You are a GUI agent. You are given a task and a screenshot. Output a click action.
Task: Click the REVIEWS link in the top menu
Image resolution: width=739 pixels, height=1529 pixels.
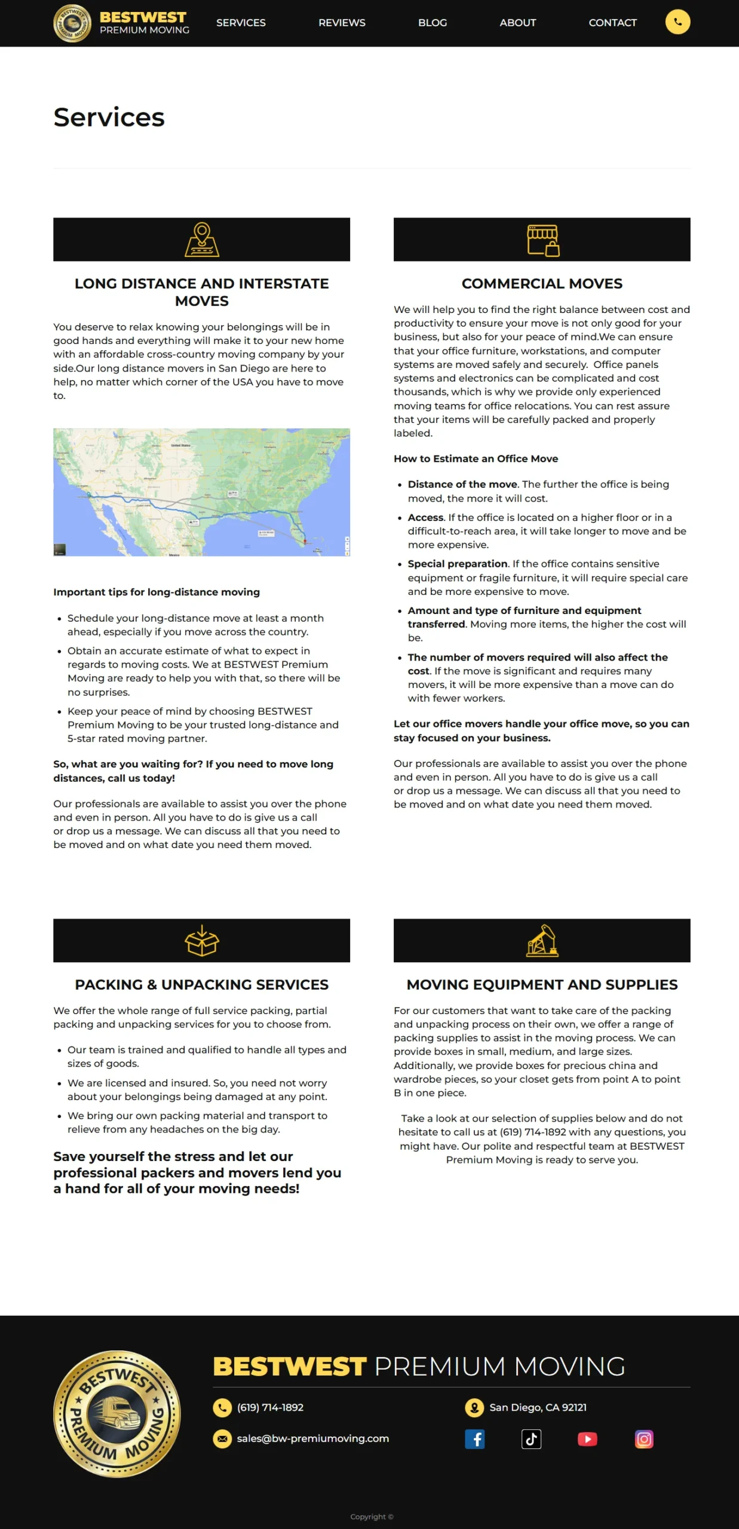[x=342, y=23]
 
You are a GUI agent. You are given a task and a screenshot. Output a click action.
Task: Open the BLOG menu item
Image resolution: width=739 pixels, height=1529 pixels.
[x=433, y=23]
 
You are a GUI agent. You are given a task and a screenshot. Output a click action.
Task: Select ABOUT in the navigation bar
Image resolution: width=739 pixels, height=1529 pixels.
[x=518, y=23]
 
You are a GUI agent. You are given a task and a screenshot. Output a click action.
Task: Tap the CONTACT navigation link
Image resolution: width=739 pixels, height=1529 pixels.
[x=612, y=23]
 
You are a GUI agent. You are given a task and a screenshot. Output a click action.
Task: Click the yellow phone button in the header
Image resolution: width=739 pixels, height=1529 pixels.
[x=677, y=22]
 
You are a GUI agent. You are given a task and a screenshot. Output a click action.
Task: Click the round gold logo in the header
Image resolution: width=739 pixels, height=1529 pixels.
[x=72, y=23]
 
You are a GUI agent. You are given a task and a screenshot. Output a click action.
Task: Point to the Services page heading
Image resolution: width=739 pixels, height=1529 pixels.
[x=109, y=117]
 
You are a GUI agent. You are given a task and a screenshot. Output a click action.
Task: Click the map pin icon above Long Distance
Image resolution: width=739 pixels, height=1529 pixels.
[x=202, y=240]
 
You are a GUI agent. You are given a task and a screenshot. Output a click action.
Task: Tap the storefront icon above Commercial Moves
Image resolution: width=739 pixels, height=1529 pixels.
[x=542, y=240]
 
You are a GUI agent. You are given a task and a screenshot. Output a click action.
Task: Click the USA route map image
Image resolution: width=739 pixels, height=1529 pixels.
[x=201, y=492]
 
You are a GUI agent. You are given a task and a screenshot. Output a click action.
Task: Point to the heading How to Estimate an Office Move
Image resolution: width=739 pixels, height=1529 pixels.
[x=476, y=459]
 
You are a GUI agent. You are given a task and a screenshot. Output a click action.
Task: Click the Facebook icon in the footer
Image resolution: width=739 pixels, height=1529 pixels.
[x=475, y=1439]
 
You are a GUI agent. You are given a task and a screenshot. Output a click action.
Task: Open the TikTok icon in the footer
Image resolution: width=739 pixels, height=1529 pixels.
[x=531, y=1439]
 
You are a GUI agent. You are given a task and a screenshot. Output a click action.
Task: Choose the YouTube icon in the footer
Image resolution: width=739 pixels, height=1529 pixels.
[x=587, y=1439]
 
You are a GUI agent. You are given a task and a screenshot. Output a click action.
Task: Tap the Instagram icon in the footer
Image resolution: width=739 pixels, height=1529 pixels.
[x=643, y=1439]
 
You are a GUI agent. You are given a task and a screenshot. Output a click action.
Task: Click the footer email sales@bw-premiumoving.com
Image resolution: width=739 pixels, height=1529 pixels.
[x=312, y=1438]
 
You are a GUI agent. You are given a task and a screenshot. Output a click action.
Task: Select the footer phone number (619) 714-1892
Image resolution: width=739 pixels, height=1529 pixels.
[x=270, y=1407]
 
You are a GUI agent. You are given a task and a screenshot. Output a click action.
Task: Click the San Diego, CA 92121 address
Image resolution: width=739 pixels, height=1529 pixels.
[x=538, y=1407]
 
